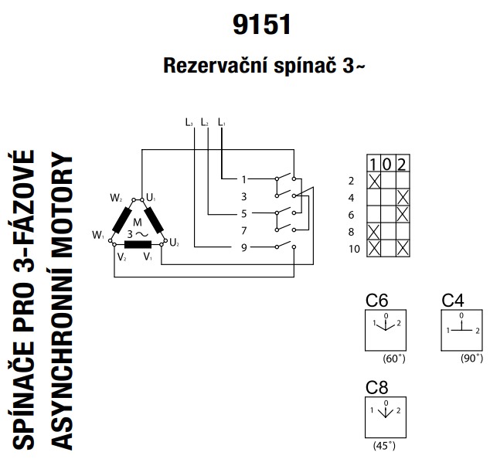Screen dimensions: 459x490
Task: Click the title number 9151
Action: click(262, 25)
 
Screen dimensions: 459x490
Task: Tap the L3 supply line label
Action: click(189, 122)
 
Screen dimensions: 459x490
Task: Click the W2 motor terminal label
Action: click(116, 199)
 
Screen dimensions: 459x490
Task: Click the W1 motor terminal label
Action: click(97, 233)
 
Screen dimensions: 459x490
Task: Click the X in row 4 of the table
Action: click(401, 197)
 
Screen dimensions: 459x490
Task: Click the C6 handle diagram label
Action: click(376, 301)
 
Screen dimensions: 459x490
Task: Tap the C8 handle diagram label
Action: click(376, 388)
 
